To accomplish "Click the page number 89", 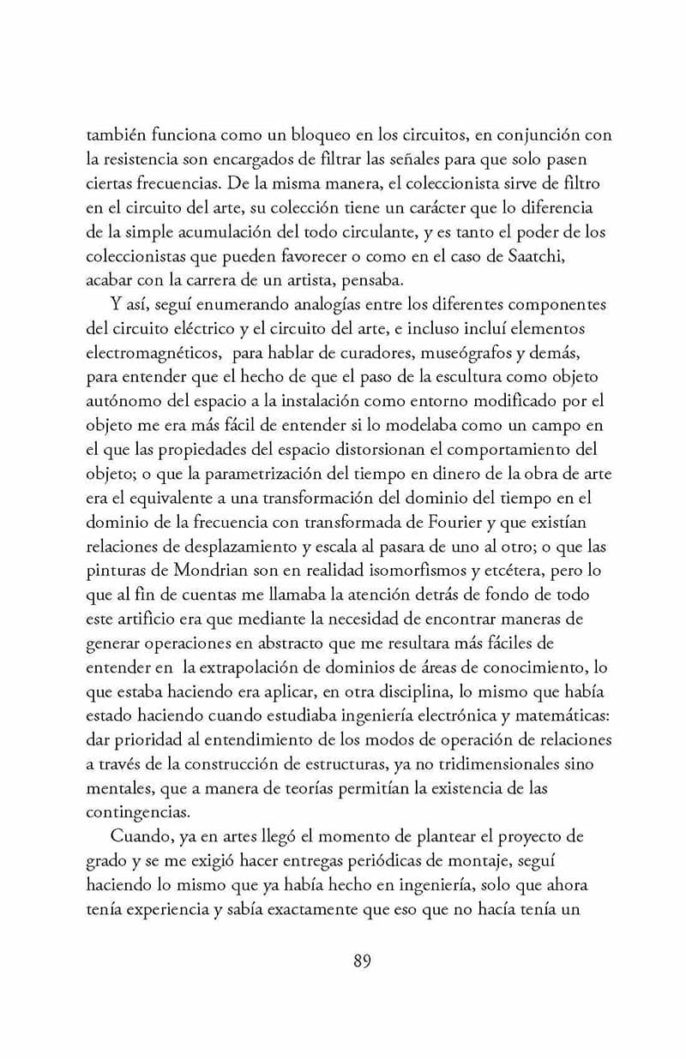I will click(361, 984).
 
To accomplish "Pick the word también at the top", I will click(117, 135).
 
